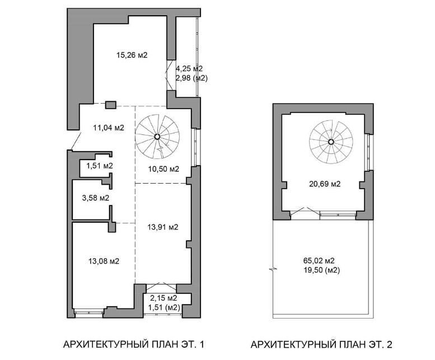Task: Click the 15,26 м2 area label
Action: click(x=132, y=55)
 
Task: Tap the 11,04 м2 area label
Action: click(x=109, y=128)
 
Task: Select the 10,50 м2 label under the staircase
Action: click(x=163, y=169)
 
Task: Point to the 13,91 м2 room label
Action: click(x=163, y=227)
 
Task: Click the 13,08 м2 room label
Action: click(x=104, y=261)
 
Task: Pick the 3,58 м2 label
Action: click(x=96, y=198)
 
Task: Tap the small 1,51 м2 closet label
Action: click(x=99, y=166)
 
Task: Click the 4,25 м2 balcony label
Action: click(x=189, y=68)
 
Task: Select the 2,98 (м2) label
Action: click(x=191, y=78)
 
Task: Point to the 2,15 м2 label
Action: click(x=163, y=298)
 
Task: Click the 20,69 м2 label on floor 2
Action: click(x=325, y=184)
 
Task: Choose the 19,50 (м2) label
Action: click(x=322, y=270)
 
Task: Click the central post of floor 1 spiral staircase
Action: click(x=157, y=137)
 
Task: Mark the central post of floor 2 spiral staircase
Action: click(x=331, y=142)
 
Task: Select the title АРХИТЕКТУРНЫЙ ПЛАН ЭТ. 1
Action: click(x=134, y=344)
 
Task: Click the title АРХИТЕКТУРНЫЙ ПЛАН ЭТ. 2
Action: click(x=321, y=344)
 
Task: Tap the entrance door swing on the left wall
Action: click(x=76, y=141)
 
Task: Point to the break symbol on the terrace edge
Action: click(x=273, y=269)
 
